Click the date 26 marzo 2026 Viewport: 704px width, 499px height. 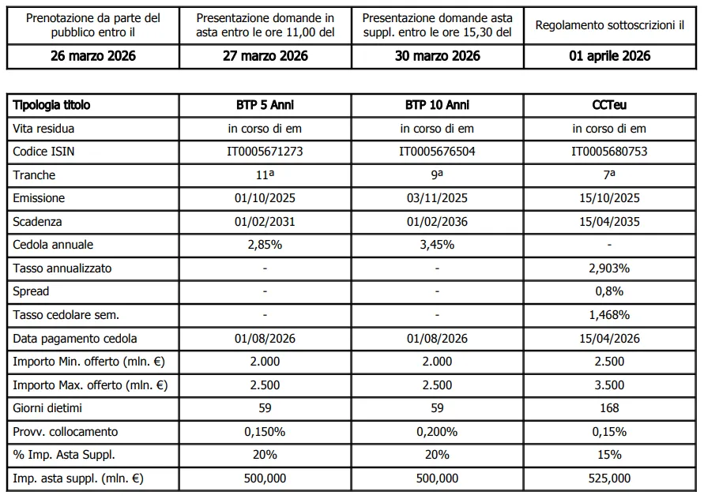(x=93, y=56)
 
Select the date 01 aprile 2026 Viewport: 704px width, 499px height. (x=610, y=56)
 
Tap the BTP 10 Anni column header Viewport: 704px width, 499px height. (x=437, y=105)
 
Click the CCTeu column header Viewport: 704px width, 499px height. (x=610, y=105)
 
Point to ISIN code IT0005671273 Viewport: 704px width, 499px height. (x=265, y=152)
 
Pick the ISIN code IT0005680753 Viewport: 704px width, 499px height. (x=610, y=152)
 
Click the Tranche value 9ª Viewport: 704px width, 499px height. (x=437, y=174)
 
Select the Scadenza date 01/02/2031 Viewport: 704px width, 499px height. (x=265, y=222)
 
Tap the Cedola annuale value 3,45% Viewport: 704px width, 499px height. (x=437, y=245)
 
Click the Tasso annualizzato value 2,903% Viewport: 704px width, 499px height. (x=610, y=268)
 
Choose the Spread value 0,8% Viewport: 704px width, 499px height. (x=610, y=291)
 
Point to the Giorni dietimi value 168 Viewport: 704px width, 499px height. (x=610, y=408)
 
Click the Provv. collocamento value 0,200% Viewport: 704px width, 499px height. (x=437, y=432)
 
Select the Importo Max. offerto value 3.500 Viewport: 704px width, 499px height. (x=610, y=385)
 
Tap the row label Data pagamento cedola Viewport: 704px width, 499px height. (x=75, y=339)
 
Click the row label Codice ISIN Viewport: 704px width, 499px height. (x=43, y=152)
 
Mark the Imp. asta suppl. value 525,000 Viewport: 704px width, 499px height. (x=610, y=478)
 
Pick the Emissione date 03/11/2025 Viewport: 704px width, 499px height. (x=437, y=198)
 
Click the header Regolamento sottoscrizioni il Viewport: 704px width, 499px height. (x=610, y=25)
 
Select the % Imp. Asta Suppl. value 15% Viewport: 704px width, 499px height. (x=610, y=455)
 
